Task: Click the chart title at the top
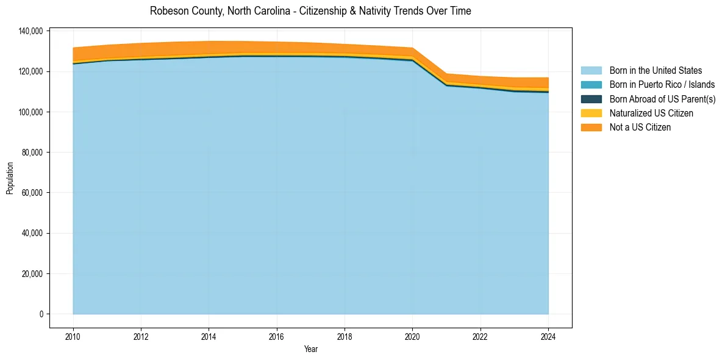click(310, 11)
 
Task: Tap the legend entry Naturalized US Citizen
click(651, 113)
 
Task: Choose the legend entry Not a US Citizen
click(640, 127)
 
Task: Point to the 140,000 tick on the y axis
click(30, 31)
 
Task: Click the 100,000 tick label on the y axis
click(30, 112)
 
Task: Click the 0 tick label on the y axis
click(41, 314)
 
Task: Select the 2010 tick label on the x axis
click(73, 336)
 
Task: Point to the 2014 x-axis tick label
click(209, 336)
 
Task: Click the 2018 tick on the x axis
click(345, 336)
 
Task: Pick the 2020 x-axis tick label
click(412, 336)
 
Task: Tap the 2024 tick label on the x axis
click(548, 336)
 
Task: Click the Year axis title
click(310, 350)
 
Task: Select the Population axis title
click(10, 178)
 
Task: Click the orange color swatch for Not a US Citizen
click(591, 127)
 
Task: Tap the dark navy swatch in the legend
click(591, 99)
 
